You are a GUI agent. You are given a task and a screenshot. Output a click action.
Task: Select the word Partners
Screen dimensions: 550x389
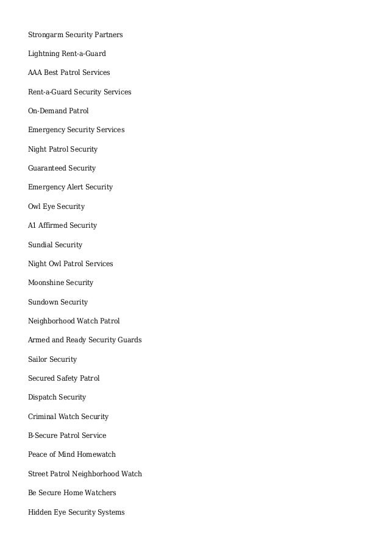pos(109,35)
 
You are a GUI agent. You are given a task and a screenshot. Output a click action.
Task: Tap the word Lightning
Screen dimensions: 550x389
pos(44,54)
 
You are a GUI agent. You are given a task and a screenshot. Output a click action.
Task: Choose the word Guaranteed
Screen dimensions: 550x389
pos(47,168)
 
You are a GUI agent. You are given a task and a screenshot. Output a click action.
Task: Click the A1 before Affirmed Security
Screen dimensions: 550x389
pos(32,225)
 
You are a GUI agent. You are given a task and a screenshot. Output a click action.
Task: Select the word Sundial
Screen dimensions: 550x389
pos(40,245)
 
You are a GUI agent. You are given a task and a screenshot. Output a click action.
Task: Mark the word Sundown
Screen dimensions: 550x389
pos(43,302)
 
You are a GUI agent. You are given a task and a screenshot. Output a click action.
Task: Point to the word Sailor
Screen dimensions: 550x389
pos(38,359)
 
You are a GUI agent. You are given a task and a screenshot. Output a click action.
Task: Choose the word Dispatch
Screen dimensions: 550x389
pos(42,397)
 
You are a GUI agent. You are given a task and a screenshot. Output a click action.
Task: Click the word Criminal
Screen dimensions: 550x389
pos(42,417)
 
